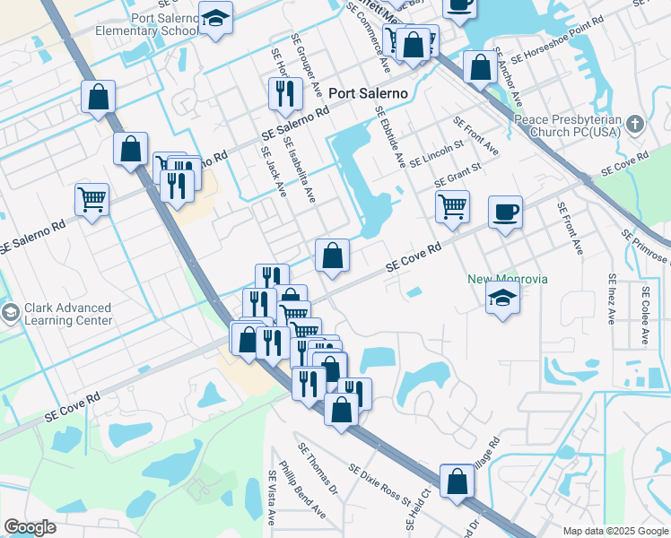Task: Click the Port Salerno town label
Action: (368, 93)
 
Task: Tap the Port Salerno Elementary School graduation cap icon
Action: (215, 18)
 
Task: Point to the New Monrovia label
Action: (508, 279)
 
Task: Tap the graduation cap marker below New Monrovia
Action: (502, 299)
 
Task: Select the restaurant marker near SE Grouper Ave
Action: (283, 92)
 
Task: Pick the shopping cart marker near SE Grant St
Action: (452, 205)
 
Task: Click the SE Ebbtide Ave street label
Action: (390, 137)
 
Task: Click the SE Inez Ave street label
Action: (612, 299)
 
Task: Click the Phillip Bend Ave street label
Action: (301, 490)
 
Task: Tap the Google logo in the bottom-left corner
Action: (30, 527)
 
